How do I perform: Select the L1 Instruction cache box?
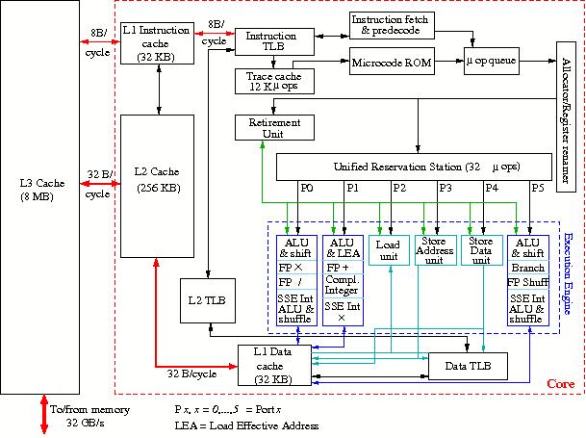tap(159, 43)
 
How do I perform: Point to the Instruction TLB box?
tap(271, 43)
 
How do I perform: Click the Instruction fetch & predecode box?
tap(392, 25)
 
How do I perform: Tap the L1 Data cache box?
tap(278, 366)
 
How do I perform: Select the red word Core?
tap(560, 384)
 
